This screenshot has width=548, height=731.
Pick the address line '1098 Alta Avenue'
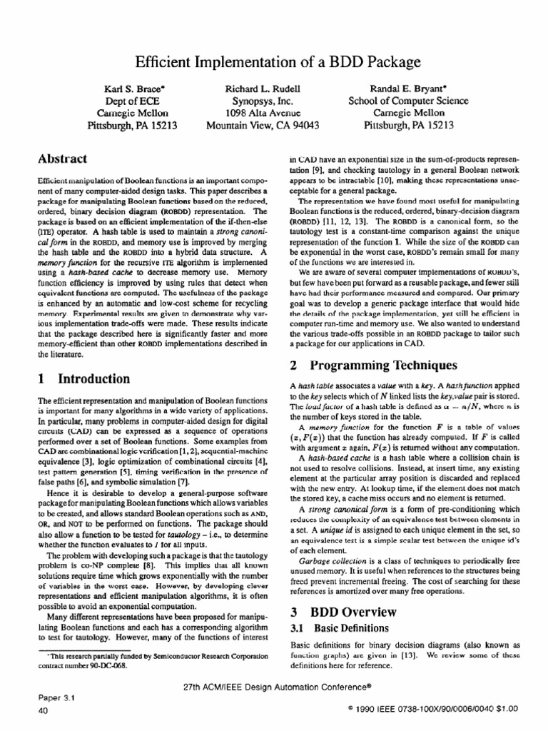click(x=262, y=113)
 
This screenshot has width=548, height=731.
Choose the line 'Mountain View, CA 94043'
click(x=262, y=126)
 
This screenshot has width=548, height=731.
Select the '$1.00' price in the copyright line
click(x=502, y=708)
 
